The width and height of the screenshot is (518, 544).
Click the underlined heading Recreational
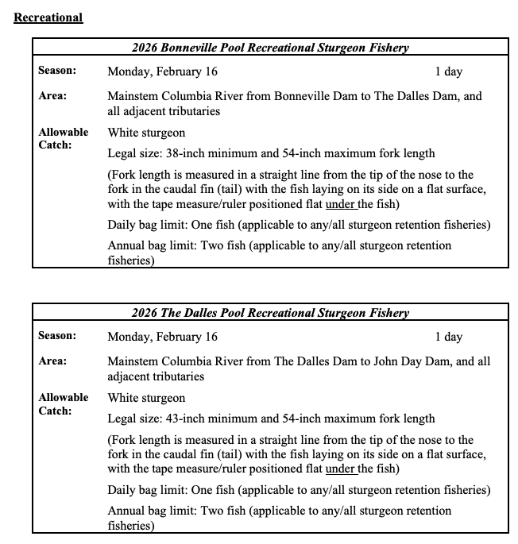coord(48,17)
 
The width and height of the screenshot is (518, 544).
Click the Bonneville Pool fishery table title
coord(270,48)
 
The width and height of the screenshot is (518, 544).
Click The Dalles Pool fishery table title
coord(270,313)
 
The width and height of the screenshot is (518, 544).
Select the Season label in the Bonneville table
coord(57,71)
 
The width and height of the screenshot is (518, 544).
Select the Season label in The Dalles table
coord(57,337)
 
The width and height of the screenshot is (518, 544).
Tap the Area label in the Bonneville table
coord(52,96)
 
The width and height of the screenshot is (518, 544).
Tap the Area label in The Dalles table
coord(52,361)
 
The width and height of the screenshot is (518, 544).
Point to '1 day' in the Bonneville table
coord(448,71)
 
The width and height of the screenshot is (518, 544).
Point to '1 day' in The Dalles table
coord(448,337)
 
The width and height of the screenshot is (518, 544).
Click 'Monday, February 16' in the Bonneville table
coord(162,71)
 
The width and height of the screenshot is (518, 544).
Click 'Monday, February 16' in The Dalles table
coord(162,337)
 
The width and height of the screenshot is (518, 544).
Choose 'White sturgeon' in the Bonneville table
coord(146,133)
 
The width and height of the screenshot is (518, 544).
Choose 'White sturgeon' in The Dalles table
coord(146,398)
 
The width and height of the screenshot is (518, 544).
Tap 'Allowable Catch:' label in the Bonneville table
coord(64,139)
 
